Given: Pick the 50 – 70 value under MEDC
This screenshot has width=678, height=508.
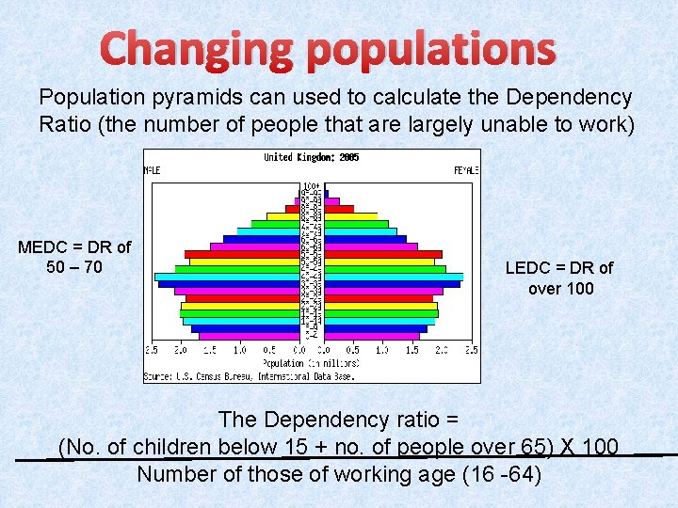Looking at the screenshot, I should [74, 268].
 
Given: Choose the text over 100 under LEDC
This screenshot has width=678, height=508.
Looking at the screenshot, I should [560, 289].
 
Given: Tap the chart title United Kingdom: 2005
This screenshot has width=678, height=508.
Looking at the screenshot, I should [311, 157].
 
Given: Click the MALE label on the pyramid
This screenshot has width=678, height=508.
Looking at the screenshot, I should [152, 170].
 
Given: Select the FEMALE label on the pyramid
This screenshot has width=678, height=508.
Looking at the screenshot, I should [466, 170].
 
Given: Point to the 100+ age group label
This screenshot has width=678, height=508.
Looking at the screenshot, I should [311, 186].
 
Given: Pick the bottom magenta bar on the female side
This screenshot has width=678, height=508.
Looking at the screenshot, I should [372, 336].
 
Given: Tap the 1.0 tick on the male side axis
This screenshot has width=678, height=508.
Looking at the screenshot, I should [239, 350].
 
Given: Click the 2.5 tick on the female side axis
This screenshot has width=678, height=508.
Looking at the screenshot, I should [472, 350].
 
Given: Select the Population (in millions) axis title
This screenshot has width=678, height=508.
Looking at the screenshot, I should [311, 362].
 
